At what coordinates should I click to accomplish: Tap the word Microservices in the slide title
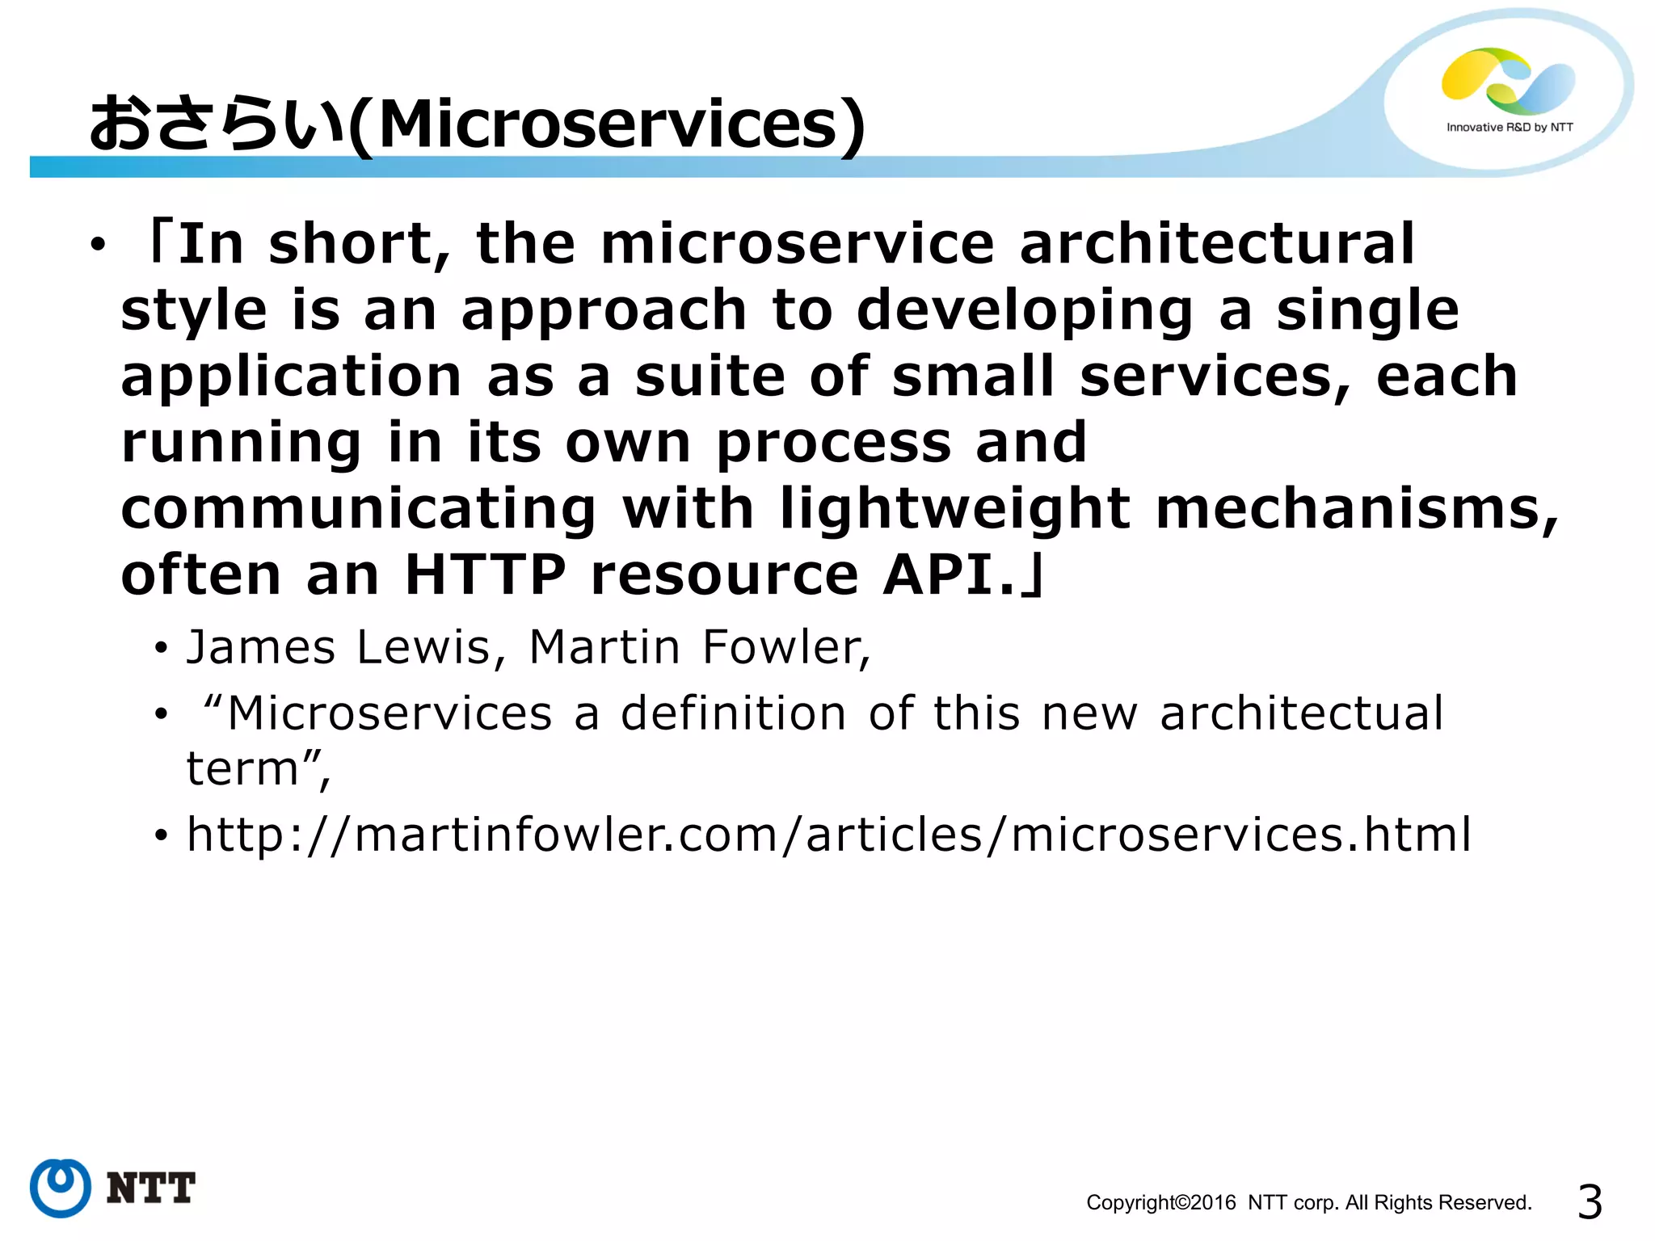coord(608,125)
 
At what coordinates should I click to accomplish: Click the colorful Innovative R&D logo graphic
coord(1508,81)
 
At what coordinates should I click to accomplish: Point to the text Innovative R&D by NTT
coord(1510,128)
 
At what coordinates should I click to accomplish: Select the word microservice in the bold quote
coord(797,244)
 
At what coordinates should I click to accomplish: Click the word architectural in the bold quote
coord(1216,244)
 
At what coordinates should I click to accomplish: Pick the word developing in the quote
coord(1024,312)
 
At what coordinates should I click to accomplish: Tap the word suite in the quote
coord(710,377)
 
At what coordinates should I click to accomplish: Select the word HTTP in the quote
coord(485,575)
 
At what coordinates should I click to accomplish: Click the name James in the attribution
coord(260,647)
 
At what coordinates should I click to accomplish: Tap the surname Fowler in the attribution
coord(783,647)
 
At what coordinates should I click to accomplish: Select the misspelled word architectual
coord(1301,713)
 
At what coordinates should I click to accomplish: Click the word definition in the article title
coord(734,713)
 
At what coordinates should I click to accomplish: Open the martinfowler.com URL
coord(828,835)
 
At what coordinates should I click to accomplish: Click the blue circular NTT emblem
coord(60,1188)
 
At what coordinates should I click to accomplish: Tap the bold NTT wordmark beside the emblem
coord(150,1188)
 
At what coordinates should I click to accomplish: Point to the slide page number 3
coord(1590,1202)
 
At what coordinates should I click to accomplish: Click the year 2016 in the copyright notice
coord(1213,1203)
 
